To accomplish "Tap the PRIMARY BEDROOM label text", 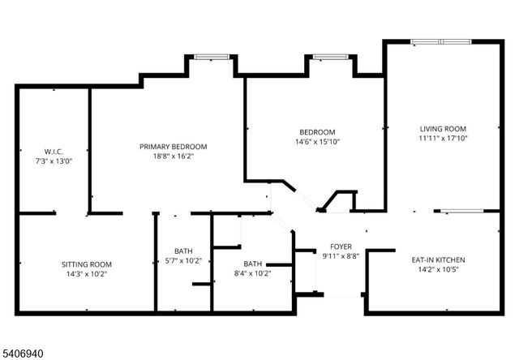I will [173, 147].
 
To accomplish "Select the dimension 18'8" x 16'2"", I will [173, 156].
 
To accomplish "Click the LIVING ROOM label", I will [443, 129].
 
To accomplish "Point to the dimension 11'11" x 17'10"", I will [443, 138].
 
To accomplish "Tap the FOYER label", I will [340, 246].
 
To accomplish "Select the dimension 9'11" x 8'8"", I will [340, 256].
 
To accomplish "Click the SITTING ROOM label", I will [87, 264].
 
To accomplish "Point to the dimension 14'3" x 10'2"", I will [87, 274].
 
